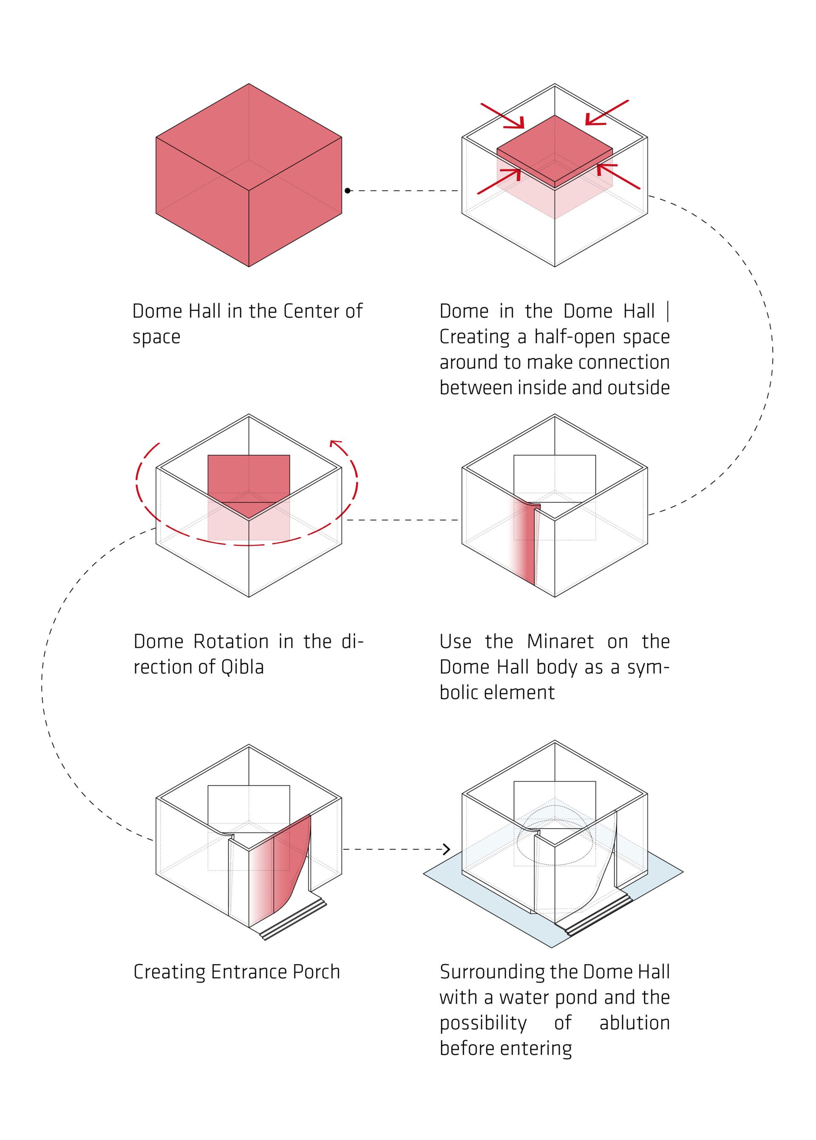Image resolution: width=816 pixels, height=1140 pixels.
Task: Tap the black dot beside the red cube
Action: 348,191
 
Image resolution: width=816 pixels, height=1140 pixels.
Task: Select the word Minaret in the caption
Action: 560,642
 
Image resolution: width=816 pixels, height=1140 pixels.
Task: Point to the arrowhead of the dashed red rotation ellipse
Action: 336,443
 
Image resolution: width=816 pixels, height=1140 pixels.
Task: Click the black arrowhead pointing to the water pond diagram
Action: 446,849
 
